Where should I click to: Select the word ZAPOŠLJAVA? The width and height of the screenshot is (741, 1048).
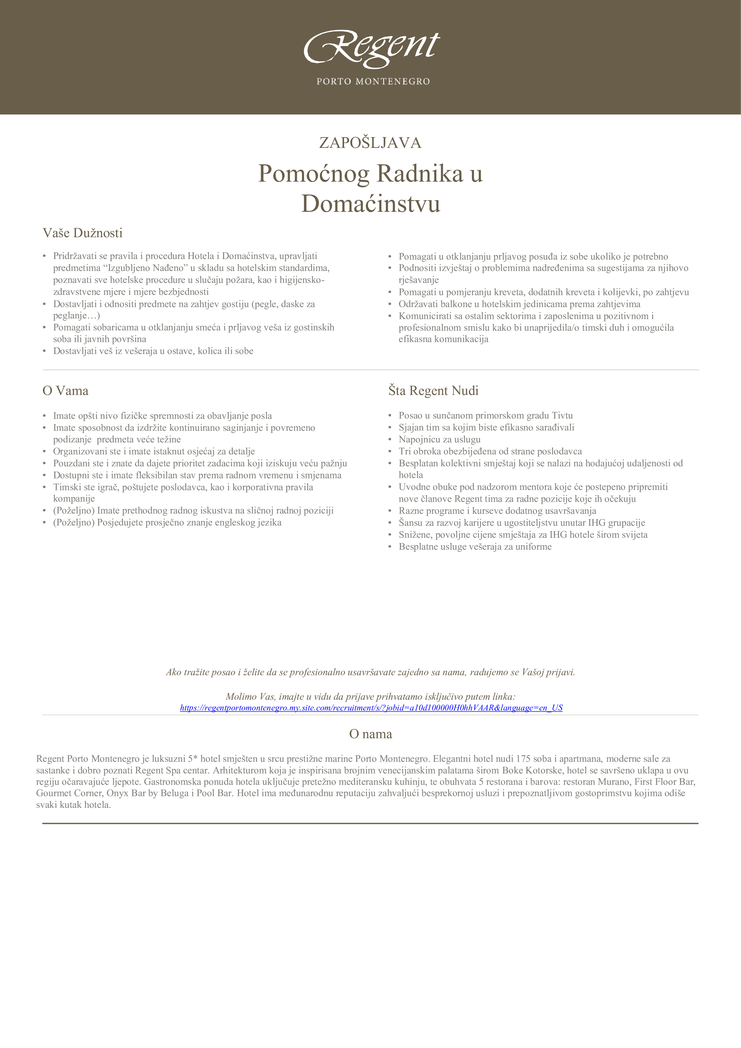click(x=370, y=143)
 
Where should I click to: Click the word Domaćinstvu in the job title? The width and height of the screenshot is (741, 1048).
click(x=370, y=203)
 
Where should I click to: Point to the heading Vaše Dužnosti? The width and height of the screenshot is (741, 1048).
click(x=83, y=233)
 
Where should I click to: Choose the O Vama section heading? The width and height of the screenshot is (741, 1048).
click(x=65, y=391)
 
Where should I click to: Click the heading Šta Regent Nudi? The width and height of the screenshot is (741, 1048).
click(x=433, y=391)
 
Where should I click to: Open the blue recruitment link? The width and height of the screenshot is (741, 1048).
click(x=371, y=708)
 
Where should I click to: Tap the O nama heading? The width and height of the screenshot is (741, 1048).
click(x=370, y=734)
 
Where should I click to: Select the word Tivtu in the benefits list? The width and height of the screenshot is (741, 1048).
click(x=562, y=415)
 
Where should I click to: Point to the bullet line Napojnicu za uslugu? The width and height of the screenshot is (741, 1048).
click(x=439, y=439)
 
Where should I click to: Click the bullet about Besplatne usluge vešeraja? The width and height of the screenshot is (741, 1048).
click(x=475, y=546)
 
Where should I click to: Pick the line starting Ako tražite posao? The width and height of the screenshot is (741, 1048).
click(x=370, y=672)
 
